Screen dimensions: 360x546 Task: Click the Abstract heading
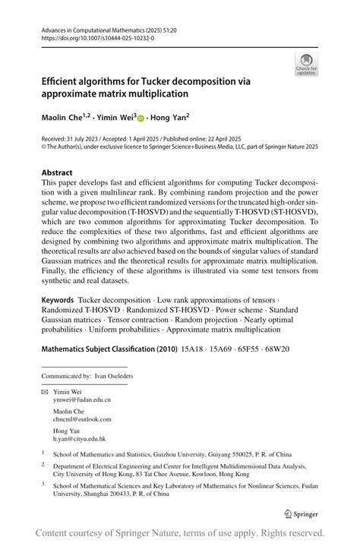[58, 172]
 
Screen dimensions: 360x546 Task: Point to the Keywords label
[60, 301]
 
